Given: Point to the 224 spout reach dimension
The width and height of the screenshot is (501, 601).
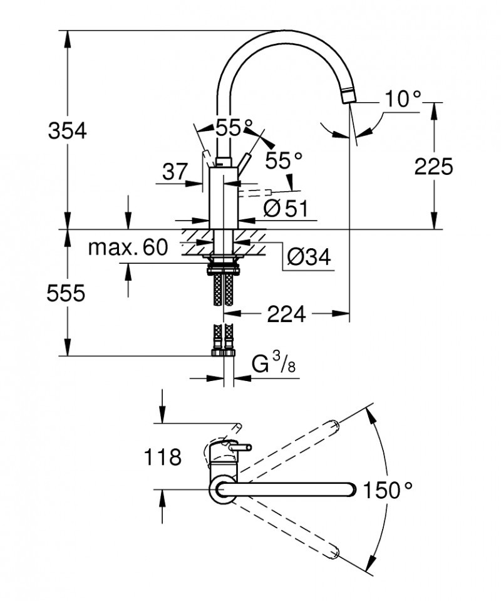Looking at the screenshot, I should (x=286, y=313).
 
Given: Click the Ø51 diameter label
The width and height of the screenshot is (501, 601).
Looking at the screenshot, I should (x=286, y=208).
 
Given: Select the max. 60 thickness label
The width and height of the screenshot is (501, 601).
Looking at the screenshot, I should (x=128, y=248).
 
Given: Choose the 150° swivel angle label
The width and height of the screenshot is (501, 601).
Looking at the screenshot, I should (x=388, y=490).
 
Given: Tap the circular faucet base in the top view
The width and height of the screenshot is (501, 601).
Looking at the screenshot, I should (x=222, y=490).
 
